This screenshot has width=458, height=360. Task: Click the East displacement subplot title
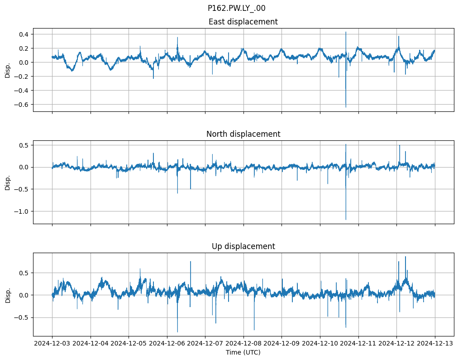tap(243, 22)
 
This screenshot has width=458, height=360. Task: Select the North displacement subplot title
tap(243, 134)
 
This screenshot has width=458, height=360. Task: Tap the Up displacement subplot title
tap(243, 246)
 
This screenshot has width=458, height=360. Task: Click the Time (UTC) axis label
tap(243, 352)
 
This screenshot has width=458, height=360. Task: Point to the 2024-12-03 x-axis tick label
tap(52, 343)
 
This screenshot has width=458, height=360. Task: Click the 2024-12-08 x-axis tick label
tap(243, 343)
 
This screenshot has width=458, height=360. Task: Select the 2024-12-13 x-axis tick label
tap(435, 343)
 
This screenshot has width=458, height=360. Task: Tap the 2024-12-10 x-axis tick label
tap(320, 343)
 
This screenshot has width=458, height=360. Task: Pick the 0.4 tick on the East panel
tap(23, 34)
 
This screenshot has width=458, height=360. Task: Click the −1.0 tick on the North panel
tap(21, 211)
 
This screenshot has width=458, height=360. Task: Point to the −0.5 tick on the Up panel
tap(21, 317)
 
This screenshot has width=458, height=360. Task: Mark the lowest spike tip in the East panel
tap(346, 107)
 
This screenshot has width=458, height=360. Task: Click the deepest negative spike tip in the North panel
tap(346, 220)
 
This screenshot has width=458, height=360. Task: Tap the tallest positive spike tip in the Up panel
tap(406, 257)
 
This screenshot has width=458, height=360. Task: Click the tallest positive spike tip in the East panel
tap(346, 32)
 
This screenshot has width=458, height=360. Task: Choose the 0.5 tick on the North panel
tap(23, 145)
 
